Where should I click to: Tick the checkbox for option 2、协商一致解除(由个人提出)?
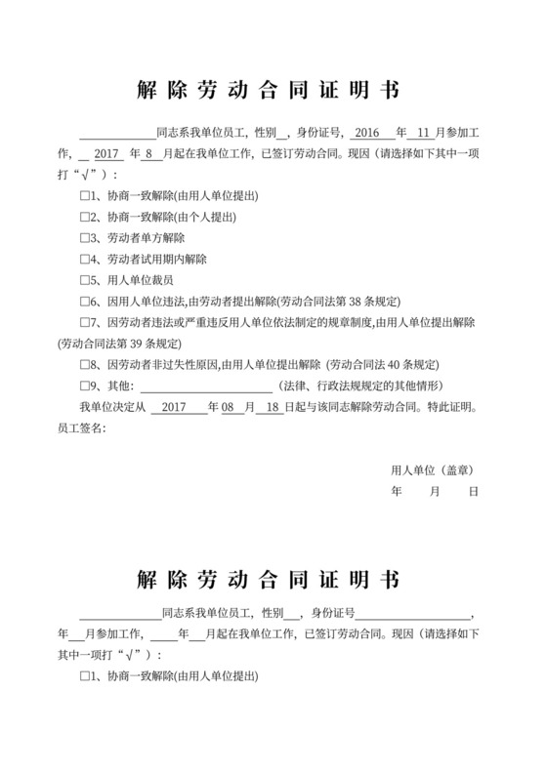(84, 217)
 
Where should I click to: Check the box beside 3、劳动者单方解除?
(84, 238)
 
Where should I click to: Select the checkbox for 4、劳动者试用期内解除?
(84, 260)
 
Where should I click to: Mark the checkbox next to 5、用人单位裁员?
(84, 281)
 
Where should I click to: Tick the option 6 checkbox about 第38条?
(84, 303)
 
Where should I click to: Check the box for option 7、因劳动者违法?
(84, 323)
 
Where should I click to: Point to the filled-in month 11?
(423, 133)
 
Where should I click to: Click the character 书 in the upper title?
(388, 91)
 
